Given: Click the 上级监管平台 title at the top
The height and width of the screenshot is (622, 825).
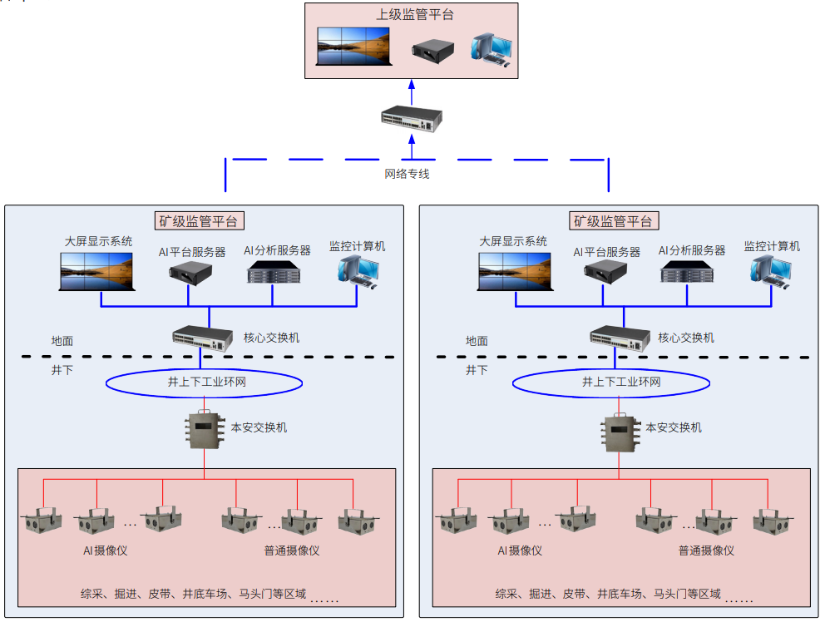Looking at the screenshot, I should click(x=411, y=15).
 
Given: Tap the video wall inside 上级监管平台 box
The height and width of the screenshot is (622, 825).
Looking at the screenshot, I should click(x=353, y=47).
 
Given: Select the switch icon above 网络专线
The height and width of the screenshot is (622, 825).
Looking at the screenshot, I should click(x=411, y=120).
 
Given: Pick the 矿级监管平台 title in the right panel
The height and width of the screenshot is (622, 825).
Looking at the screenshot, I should click(x=614, y=221).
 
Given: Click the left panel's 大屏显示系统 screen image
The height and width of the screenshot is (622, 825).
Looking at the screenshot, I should click(x=96, y=271).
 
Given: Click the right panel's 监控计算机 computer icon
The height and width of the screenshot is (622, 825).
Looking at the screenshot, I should click(x=772, y=271).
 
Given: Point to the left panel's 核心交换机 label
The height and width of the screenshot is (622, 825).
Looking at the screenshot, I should click(x=271, y=338).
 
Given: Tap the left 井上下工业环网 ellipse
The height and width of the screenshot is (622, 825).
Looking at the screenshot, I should click(x=203, y=383).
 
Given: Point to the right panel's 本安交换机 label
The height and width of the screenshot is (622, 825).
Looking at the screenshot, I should click(x=674, y=427).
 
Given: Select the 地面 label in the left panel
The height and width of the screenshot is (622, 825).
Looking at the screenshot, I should click(x=62, y=341).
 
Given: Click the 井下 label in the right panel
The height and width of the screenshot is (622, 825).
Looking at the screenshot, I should click(x=477, y=370).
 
